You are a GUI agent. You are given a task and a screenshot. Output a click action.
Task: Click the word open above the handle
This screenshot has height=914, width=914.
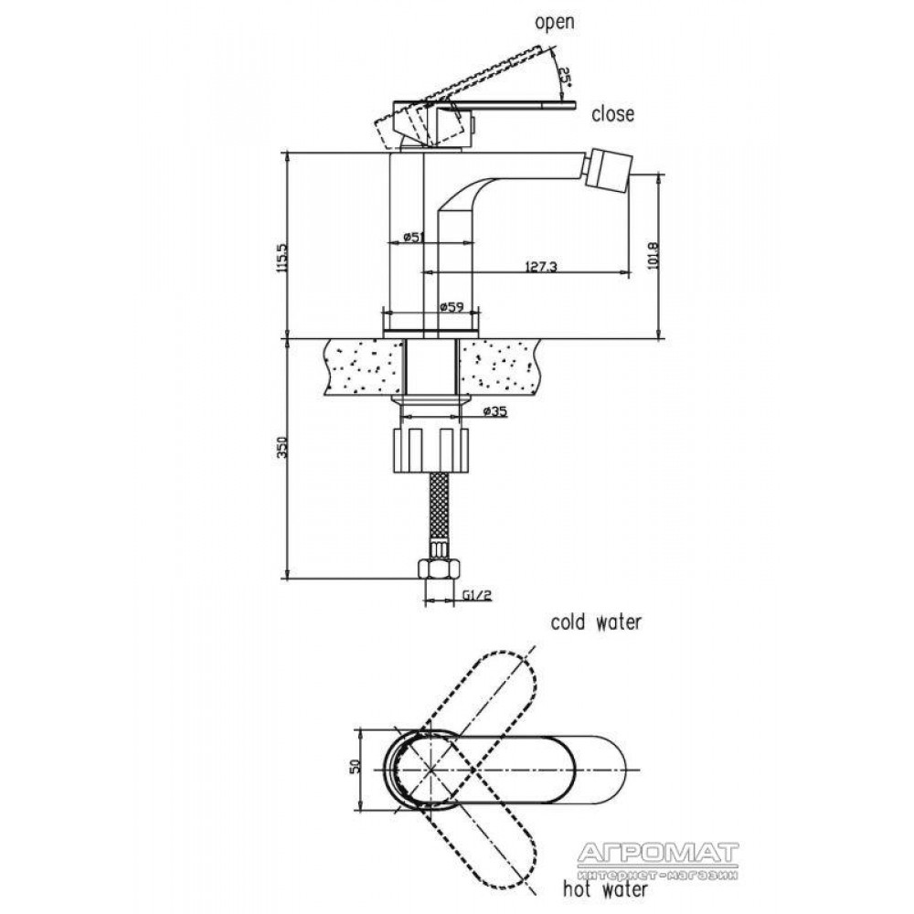point(555,23)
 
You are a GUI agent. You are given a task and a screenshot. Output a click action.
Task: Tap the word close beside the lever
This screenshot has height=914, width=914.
point(612,113)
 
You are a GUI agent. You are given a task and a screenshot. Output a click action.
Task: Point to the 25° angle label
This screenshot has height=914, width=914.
point(564,75)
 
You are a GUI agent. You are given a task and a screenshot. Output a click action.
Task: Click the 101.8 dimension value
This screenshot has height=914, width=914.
point(653,254)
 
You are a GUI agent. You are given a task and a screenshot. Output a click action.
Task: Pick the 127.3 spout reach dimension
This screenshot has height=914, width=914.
point(541,266)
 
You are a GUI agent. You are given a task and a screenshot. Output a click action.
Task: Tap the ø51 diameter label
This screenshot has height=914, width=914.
point(413,237)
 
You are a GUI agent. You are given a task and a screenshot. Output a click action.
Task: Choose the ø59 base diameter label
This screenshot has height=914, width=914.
point(452,306)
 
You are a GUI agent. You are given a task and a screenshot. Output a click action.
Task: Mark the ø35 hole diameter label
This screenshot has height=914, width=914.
point(495,411)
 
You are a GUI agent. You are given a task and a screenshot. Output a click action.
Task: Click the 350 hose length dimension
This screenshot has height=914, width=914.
point(282,448)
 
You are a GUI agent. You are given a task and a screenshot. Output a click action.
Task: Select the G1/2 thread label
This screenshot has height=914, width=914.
point(477,595)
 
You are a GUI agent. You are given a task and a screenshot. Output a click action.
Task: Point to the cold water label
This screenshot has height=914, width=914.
point(596,622)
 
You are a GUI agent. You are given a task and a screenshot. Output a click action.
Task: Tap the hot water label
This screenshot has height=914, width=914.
point(604,889)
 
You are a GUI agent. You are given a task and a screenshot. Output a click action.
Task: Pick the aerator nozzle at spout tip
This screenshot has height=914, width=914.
point(608,166)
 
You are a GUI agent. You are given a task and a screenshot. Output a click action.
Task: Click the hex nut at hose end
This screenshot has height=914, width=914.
point(440,569)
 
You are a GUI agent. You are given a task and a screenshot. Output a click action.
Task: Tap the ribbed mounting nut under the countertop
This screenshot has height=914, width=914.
point(431,450)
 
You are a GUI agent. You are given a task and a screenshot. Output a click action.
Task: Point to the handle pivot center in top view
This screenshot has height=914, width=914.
point(430,770)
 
